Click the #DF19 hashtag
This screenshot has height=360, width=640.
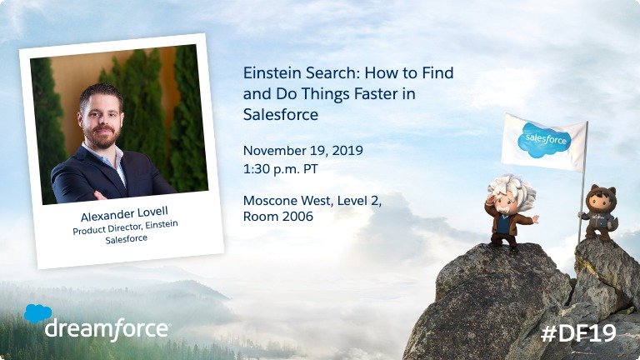point(577,333)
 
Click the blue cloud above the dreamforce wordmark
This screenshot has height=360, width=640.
point(37,313)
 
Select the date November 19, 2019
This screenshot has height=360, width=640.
point(302,151)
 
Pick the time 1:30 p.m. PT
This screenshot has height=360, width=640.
point(279,167)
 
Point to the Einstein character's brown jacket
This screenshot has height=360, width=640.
point(504,223)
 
